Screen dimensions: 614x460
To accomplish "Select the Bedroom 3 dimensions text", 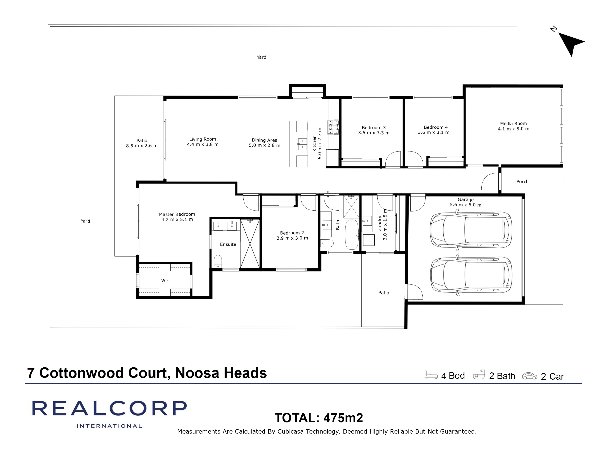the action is point(374,133).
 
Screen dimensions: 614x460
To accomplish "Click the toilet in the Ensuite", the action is point(218,261).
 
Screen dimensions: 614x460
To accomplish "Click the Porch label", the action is point(522,182).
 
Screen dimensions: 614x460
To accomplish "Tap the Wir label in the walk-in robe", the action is point(165,281).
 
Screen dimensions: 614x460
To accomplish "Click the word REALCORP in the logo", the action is point(109,408).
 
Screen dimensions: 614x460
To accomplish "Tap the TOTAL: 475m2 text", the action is point(319,418).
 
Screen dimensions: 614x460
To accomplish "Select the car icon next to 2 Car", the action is point(529,376).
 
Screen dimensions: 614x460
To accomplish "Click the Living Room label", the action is point(203,139).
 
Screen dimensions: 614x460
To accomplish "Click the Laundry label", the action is point(380,225).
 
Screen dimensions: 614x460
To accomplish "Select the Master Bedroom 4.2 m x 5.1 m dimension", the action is point(177,220).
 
